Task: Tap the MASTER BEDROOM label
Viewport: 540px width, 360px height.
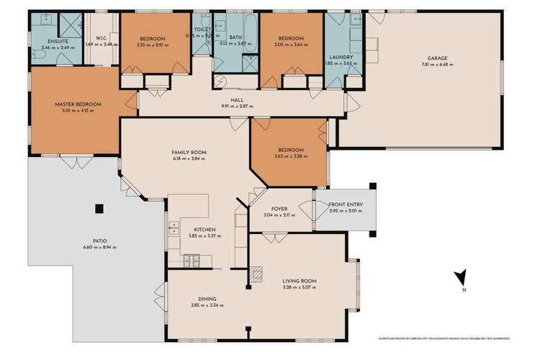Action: pyautogui.click(x=78, y=104)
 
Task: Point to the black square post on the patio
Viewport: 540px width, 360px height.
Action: pyautogui.click(x=99, y=209)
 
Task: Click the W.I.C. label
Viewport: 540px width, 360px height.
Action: pyautogui.click(x=102, y=38)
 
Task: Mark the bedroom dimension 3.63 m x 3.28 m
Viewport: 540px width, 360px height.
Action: pyautogui.click(x=289, y=156)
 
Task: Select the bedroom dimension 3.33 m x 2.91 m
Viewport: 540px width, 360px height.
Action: pyautogui.click(x=153, y=44)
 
